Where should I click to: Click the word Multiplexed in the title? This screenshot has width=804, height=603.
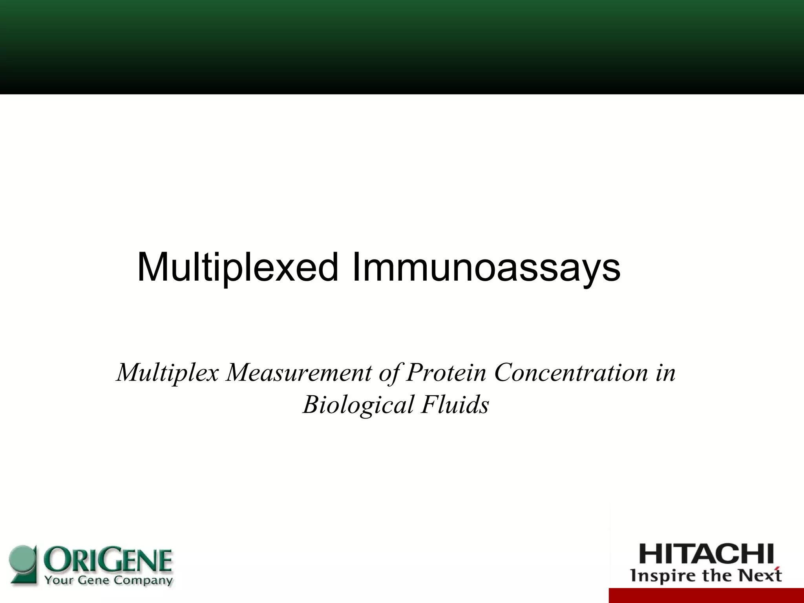[238, 268]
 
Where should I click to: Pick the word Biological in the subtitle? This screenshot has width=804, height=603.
[358, 404]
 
